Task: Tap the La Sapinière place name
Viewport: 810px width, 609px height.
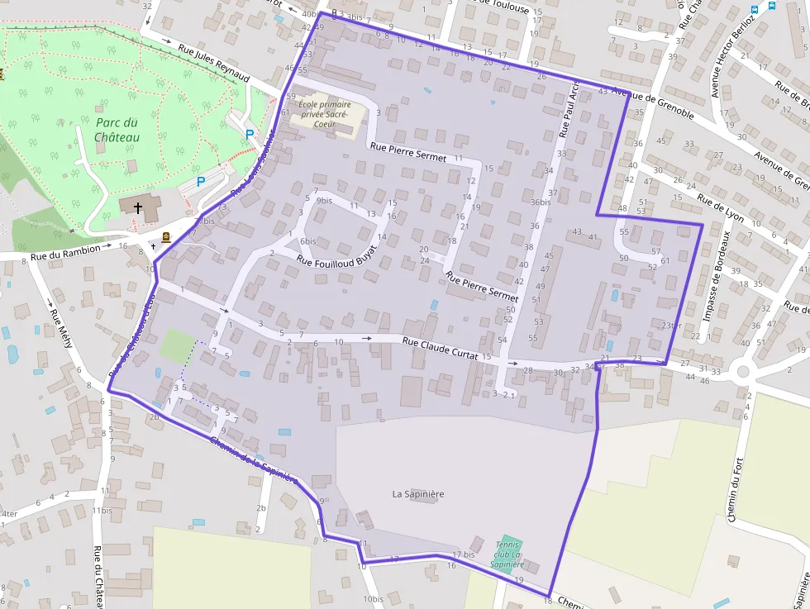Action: tap(418, 494)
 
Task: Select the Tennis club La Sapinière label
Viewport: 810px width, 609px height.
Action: tap(507, 554)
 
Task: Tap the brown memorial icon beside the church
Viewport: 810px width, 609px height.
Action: tap(166, 237)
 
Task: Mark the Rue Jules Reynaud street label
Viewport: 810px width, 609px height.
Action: tap(213, 63)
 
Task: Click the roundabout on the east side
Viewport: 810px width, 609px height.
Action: tap(742, 371)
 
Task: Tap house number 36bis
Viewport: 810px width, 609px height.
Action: tap(541, 202)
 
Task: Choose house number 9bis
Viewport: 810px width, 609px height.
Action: tap(324, 201)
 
